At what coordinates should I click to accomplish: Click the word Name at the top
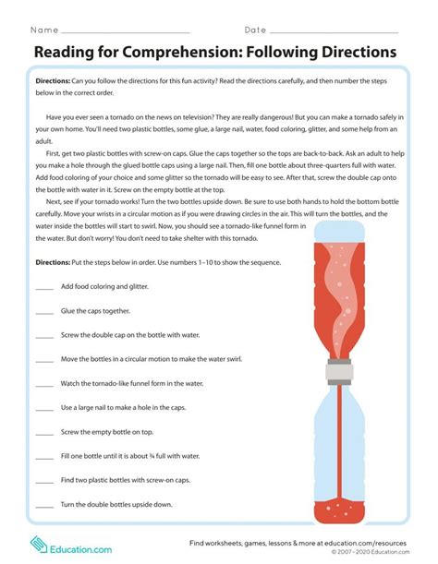pos(47,30)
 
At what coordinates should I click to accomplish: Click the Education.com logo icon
pos(39,545)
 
